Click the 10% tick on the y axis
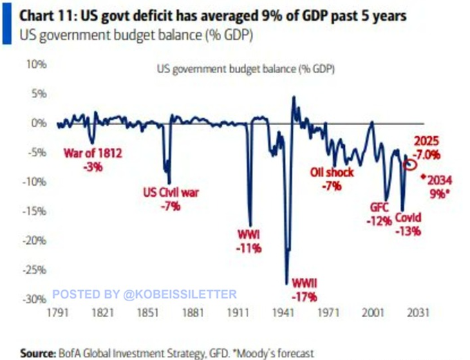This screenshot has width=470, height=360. pyautogui.click(x=36, y=64)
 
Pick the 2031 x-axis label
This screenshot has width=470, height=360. pyautogui.click(x=420, y=313)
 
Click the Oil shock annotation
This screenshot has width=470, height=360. pyautogui.click(x=332, y=178)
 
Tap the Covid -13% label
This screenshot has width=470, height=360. pyautogui.click(x=408, y=225)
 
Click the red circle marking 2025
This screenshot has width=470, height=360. pyautogui.click(x=411, y=164)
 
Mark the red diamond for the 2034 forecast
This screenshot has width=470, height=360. pyautogui.click(x=423, y=175)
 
